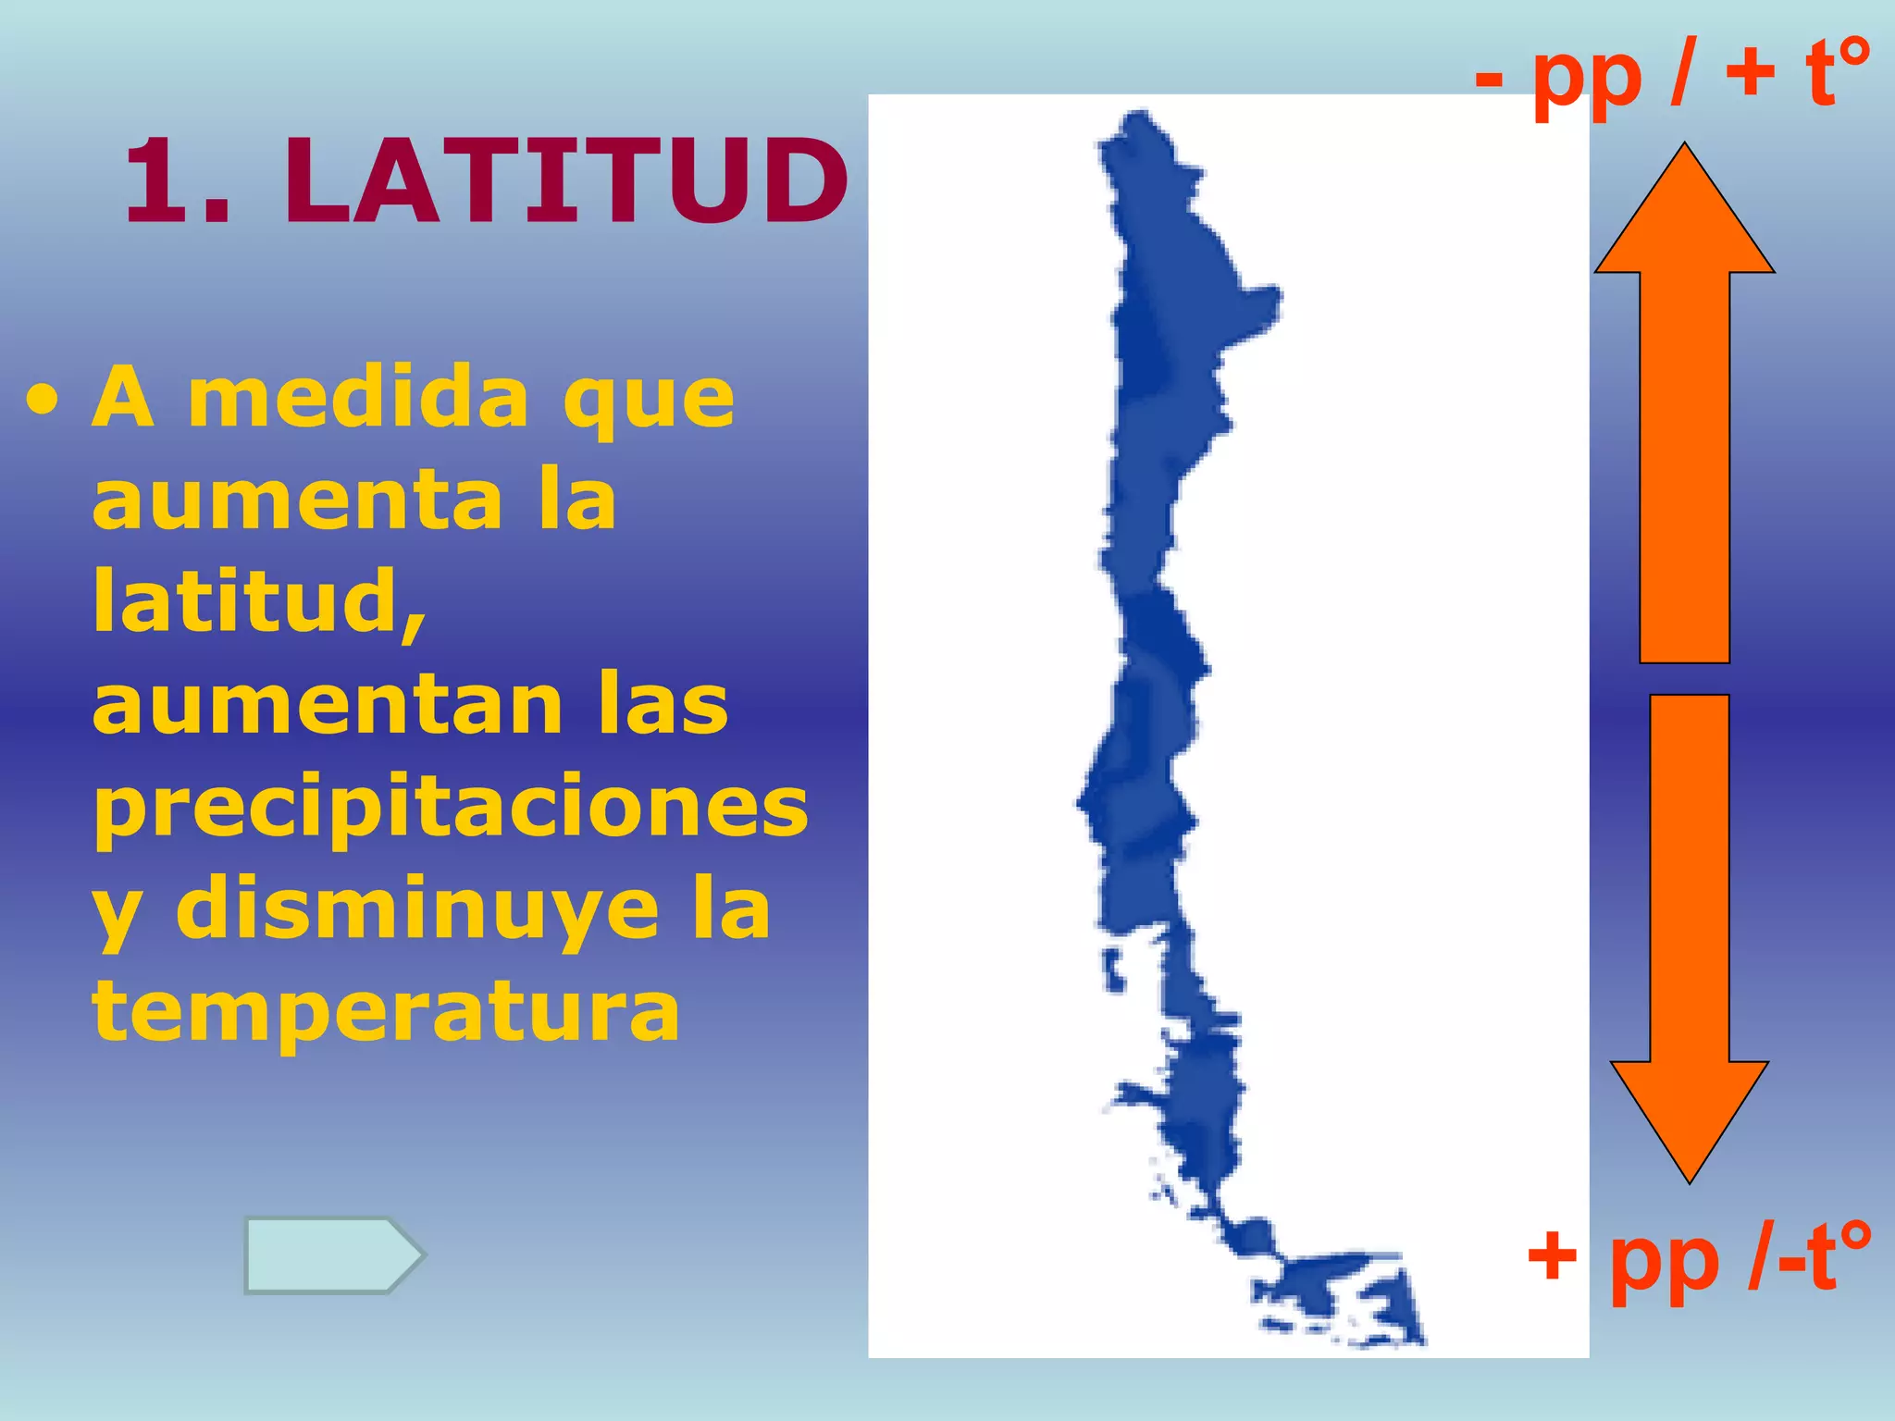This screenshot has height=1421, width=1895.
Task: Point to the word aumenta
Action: [x=297, y=500]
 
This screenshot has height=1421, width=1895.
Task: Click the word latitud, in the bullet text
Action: [x=259, y=603]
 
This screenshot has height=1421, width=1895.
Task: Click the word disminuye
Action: [x=417, y=909]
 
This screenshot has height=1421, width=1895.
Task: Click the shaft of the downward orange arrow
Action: [x=1690, y=879]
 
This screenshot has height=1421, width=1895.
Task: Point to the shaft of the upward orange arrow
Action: [x=1684, y=463]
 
